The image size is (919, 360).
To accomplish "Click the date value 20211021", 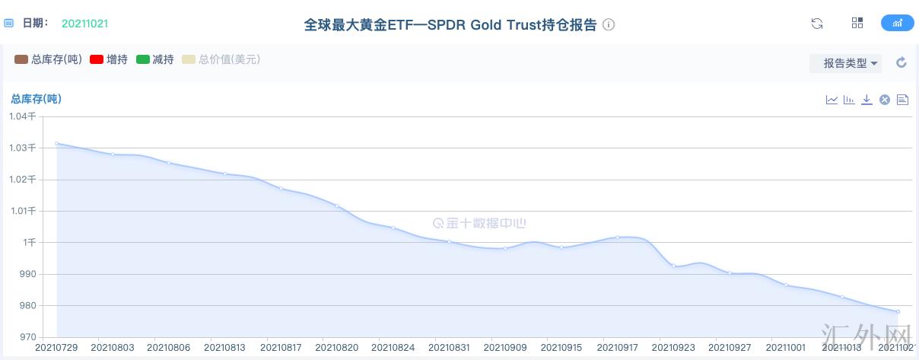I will (x=84, y=24).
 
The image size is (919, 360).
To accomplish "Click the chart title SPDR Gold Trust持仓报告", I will (x=451, y=24).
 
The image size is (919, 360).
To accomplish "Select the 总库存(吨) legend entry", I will (x=49, y=59).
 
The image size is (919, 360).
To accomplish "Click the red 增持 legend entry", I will (x=108, y=59).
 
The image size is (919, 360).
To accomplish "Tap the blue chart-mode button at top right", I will (x=897, y=23).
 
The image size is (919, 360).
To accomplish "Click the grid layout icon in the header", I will (x=857, y=23).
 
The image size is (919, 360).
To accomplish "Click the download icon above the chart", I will (x=867, y=100).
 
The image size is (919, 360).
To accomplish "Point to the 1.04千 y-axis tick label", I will (x=22, y=116).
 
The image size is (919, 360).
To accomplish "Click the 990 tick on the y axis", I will (x=28, y=274).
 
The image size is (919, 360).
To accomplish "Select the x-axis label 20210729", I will (x=56, y=348).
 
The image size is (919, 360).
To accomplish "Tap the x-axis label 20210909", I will (x=505, y=348).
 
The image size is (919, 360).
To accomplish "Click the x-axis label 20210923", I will (x=674, y=348).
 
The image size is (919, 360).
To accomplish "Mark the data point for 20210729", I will (x=56, y=143).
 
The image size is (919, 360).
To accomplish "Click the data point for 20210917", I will (x=618, y=237).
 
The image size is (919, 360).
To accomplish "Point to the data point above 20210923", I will (x=674, y=266).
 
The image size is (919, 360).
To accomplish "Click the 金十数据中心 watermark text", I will (x=479, y=224).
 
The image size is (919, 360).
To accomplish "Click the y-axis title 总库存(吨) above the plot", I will (x=36, y=99).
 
